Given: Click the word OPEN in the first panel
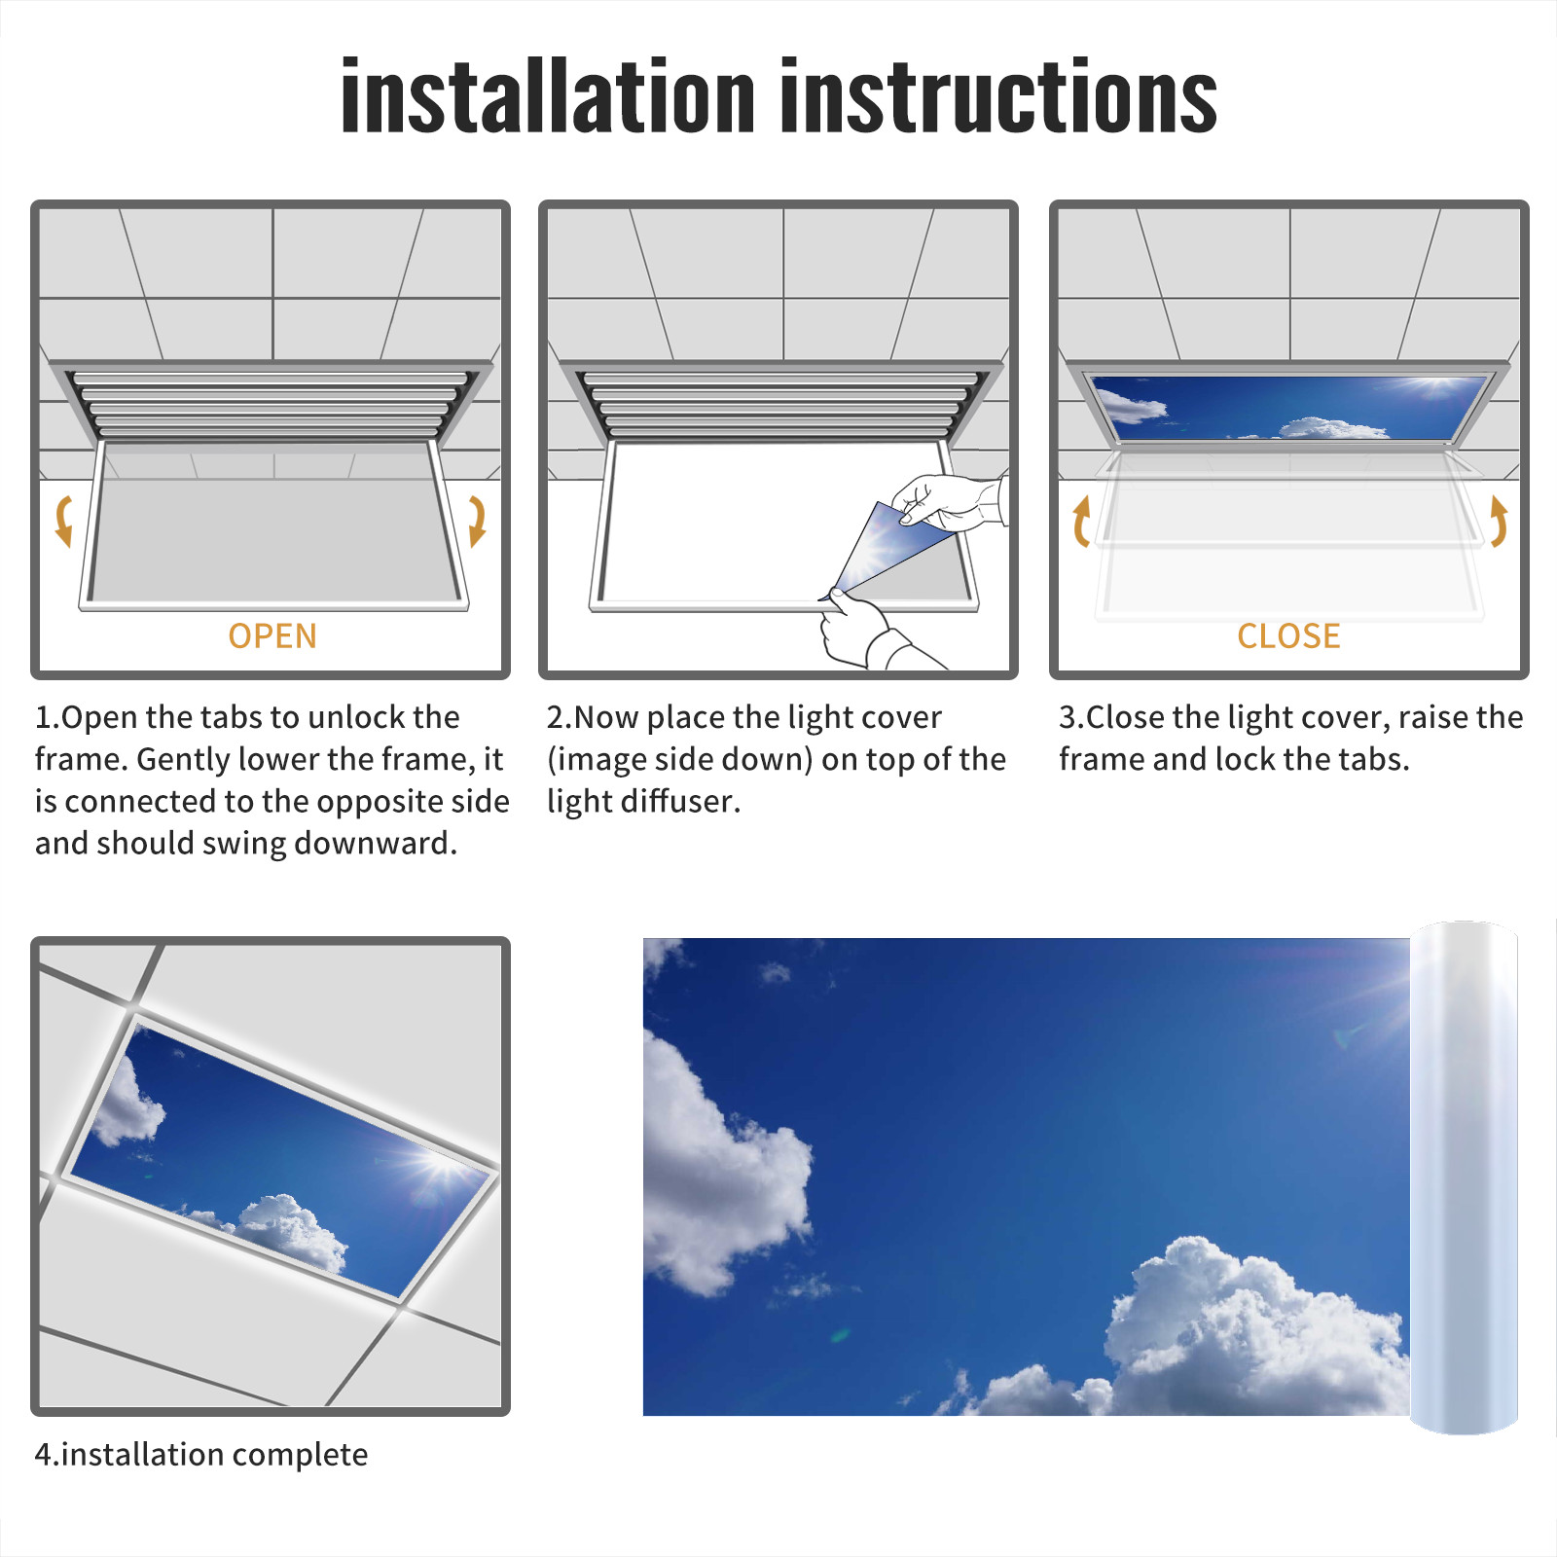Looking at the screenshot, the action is pos(272,636).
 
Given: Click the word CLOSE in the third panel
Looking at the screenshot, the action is pos(1288,636).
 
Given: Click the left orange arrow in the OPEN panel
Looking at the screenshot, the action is pos(62,521).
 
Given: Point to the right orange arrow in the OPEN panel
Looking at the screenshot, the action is pos(477,521).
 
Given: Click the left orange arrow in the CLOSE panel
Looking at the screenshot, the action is pos(1080,521).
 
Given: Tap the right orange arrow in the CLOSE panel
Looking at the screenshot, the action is pos(1499,521).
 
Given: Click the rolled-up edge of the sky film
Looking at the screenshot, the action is pos(1464,1177).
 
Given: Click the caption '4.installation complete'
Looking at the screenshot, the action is pos(201,1454).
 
